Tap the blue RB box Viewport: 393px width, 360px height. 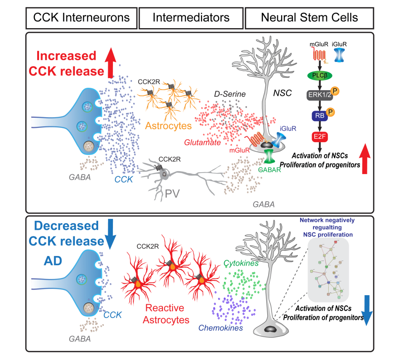(x=319, y=116)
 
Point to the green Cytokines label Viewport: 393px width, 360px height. (x=240, y=263)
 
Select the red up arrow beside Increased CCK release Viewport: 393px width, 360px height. (x=110, y=62)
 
